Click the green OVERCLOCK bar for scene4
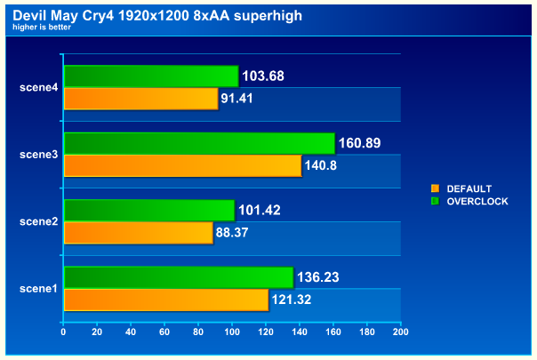tap(151, 76)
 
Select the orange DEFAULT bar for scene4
tap(140, 98)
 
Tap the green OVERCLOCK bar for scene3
tap(199, 143)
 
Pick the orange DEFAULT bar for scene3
tap(182, 165)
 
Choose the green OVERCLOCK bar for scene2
tap(148, 210)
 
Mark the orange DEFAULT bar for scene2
tap(138, 232)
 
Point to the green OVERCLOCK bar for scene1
tap(178, 277)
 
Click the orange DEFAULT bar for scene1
tap(165, 300)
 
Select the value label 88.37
tap(236, 233)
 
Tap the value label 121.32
tap(292, 300)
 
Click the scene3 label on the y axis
tap(38, 155)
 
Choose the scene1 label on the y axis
tap(38, 288)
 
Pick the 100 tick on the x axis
tap(232, 332)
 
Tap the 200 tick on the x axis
tap(400, 332)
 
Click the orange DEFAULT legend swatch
tap(435, 188)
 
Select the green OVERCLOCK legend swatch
tap(435, 201)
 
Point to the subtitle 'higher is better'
tap(42, 27)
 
